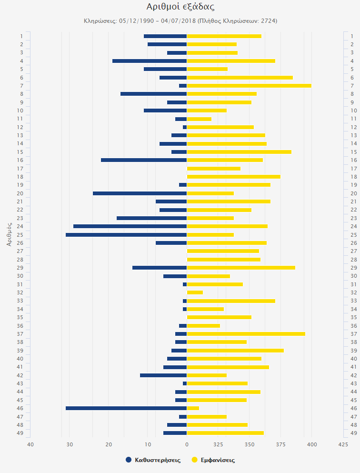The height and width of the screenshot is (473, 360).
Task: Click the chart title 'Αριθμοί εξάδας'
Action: [x=180, y=7]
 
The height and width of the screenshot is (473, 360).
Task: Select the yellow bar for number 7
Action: [x=249, y=86]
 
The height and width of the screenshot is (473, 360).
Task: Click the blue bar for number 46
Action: [x=126, y=408]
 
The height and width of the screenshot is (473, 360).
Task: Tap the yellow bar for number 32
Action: [x=195, y=292]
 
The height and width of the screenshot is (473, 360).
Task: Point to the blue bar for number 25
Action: [x=126, y=235]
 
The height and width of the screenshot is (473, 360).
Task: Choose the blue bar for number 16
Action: [x=144, y=160]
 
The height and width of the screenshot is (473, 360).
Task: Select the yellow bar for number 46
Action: [x=193, y=408]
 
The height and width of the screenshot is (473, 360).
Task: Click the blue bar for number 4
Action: [x=150, y=61]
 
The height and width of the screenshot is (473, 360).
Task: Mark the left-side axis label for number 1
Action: [x=21, y=36]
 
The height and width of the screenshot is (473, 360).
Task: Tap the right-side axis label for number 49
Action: [x=353, y=433]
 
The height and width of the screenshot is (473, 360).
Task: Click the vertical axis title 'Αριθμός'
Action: [x=9, y=234]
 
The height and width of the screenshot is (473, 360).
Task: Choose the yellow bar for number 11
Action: [x=199, y=119]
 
